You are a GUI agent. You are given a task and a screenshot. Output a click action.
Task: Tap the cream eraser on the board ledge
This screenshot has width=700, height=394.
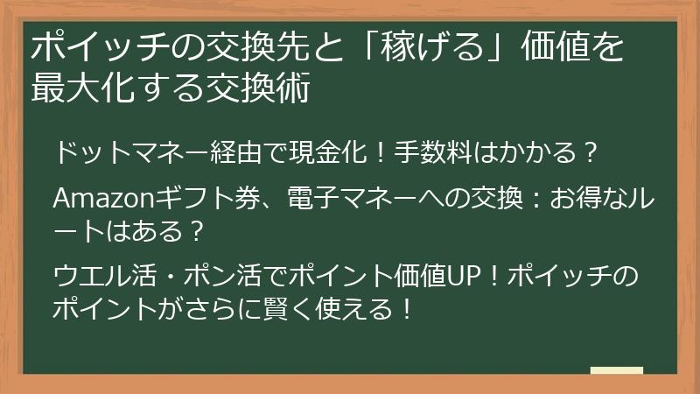click(618, 370)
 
